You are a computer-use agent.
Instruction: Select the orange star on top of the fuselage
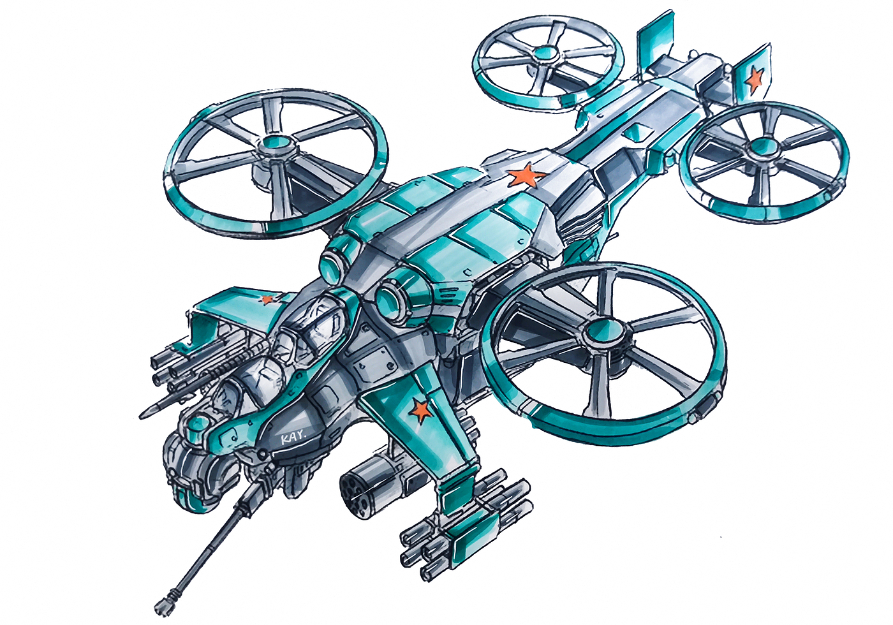526,176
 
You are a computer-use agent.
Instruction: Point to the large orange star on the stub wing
420,409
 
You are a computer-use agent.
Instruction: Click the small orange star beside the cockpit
267,298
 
